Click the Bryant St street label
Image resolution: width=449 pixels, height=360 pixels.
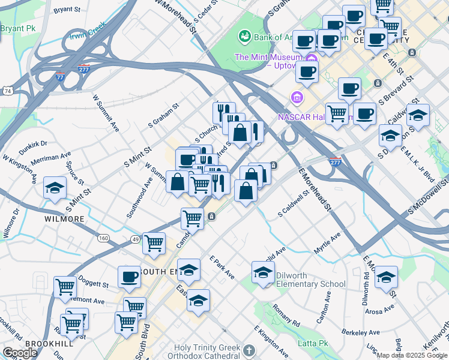click(67, 10)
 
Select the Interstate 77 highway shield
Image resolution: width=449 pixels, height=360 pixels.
click(59, 77)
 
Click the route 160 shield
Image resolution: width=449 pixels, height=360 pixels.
click(103, 238)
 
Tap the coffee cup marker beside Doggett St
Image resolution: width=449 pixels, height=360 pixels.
click(129, 277)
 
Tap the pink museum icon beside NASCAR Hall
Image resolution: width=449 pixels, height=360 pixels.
click(296, 97)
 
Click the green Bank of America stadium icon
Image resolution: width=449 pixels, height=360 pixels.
click(245, 37)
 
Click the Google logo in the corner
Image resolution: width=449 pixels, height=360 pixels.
click(20, 352)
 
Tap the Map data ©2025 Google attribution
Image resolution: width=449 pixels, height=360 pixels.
click(412, 355)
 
